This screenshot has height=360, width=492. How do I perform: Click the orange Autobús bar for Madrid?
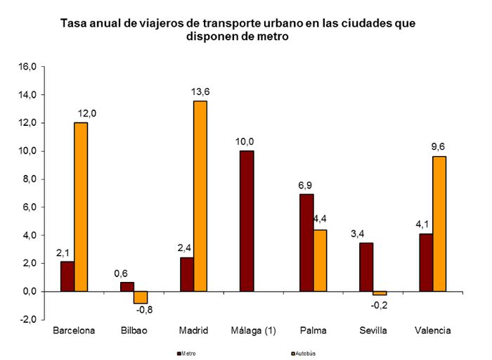200,195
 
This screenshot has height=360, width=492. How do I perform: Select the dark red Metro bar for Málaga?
247,221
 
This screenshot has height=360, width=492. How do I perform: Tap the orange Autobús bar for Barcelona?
81,207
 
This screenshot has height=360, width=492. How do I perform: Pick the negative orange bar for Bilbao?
141,297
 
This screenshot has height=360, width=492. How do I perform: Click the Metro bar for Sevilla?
366,267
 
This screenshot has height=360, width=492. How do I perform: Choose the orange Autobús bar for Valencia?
439,224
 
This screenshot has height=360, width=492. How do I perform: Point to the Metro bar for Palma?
306,243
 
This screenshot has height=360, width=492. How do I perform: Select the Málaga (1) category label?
253,331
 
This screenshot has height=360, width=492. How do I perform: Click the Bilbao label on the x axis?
134,331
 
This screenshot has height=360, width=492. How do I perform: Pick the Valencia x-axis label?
432,331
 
